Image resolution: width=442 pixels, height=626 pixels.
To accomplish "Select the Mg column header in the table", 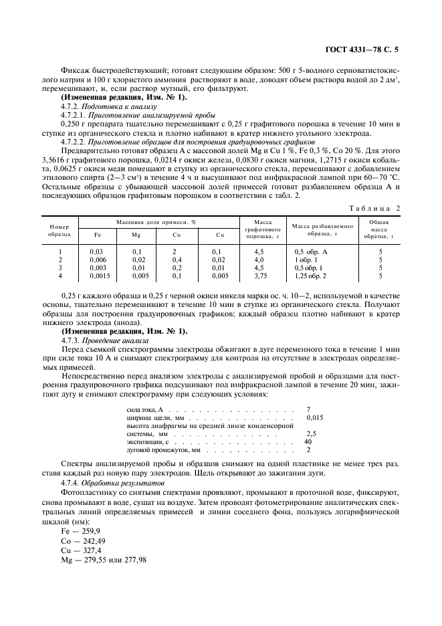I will coord(137,234).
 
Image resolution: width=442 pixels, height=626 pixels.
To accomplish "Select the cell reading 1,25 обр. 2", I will coord(310,275).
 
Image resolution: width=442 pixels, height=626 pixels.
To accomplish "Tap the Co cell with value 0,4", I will coord(177,259).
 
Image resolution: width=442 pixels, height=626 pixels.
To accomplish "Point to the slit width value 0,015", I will coord(314,417).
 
